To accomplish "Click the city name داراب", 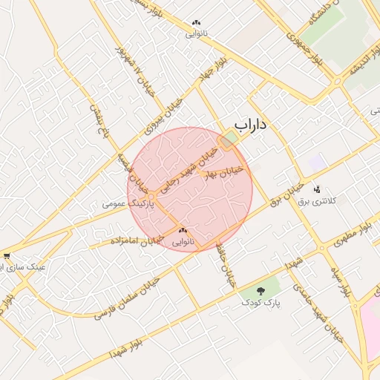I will (249, 125).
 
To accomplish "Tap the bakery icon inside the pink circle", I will (183, 232).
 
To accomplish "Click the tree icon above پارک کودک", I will (261, 291).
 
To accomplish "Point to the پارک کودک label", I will (260, 303).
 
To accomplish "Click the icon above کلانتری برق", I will (318, 189).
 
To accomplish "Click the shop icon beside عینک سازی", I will (7, 255).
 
